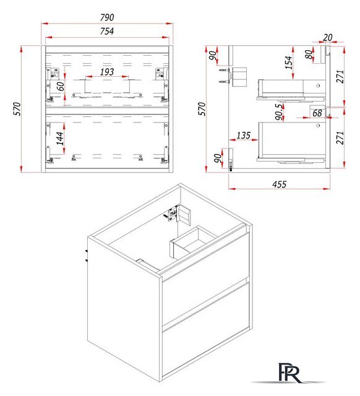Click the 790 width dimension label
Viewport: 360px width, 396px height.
pyautogui.click(x=107, y=17)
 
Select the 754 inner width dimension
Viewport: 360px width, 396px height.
pyautogui.click(x=107, y=32)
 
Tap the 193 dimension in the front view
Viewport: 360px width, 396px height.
pyautogui.click(x=107, y=72)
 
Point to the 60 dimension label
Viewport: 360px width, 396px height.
pyautogui.click(x=61, y=87)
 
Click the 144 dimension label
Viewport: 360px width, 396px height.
pyautogui.click(x=60, y=139)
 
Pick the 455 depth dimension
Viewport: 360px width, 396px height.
pyautogui.click(x=279, y=184)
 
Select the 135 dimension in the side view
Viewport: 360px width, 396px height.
pyautogui.click(x=244, y=136)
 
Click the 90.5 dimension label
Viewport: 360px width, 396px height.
pyautogui.click(x=279, y=112)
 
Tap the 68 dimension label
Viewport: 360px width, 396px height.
pyautogui.click(x=317, y=113)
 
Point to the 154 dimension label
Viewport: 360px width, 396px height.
pyautogui.click(x=288, y=62)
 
